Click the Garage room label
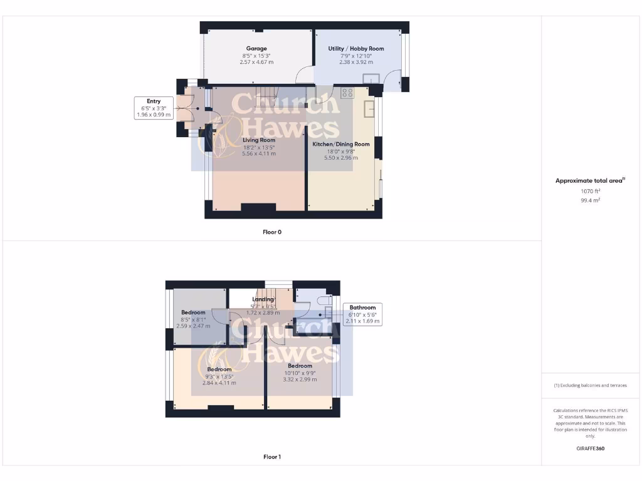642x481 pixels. (256, 48)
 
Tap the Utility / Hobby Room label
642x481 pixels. (356, 48)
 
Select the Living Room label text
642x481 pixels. (259, 140)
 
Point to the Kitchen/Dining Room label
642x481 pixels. (341, 144)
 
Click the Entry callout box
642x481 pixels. (154, 108)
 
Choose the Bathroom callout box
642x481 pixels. (362, 314)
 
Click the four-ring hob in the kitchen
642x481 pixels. (347, 93)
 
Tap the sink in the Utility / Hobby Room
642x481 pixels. (372, 78)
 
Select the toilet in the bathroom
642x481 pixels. (324, 300)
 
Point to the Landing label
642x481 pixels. (263, 299)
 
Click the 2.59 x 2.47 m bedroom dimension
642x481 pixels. (193, 326)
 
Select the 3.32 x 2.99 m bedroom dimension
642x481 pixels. (300, 379)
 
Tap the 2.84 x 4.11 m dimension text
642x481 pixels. (219, 383)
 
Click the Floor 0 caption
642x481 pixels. (272, 232)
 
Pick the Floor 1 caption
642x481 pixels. (272, 457)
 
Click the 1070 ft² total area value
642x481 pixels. (589, 190)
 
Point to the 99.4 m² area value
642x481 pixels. (589, 200)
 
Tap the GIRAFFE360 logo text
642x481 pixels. (590, 448)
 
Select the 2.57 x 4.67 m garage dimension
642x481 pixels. (256, 62)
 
